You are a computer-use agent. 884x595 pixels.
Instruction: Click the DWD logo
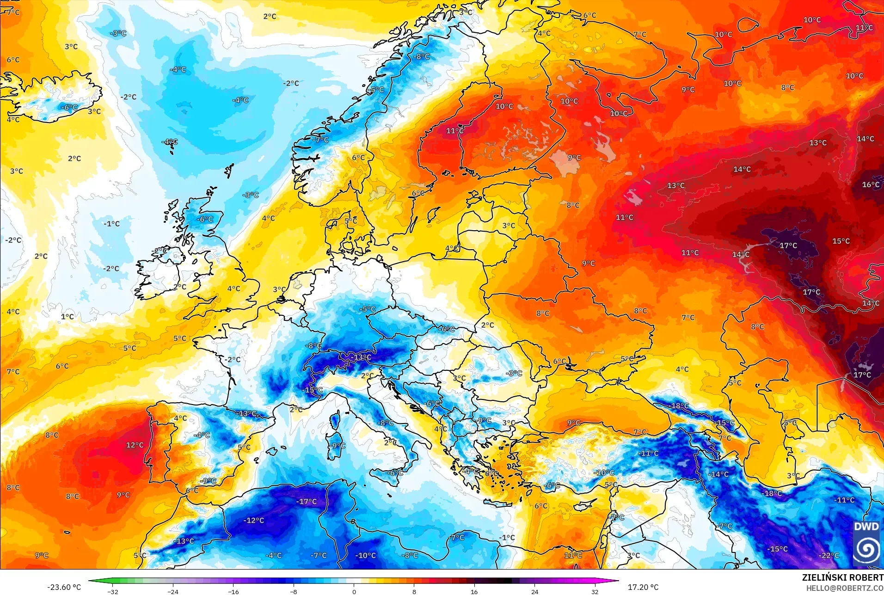(866, 543)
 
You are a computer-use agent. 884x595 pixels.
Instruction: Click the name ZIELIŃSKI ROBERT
(842, 577)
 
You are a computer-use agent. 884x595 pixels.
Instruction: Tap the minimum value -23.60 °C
(64, 587)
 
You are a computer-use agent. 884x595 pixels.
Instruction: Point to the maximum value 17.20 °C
(643, 587)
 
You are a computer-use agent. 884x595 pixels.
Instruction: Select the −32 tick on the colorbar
(113, 591)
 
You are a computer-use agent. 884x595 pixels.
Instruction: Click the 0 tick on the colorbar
(354, 591)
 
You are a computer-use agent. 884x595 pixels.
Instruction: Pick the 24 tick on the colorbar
(534, 591)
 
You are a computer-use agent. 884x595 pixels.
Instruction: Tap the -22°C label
(829, 555)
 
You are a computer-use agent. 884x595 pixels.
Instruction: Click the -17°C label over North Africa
(307, 502)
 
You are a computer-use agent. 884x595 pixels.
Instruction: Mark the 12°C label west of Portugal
(135, 445)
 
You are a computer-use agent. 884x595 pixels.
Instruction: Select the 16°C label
(871, 184)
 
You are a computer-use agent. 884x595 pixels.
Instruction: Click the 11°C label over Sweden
(454, 131)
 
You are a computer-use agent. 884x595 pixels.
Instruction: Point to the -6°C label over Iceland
(69, 107)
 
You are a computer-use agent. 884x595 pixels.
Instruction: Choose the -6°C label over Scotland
(205, 219)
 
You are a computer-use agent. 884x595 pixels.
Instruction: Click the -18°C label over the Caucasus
(679, 405)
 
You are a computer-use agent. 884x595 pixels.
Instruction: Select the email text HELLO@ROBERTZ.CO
(845, 588)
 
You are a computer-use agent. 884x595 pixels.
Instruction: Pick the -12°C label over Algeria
(254, 520)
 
